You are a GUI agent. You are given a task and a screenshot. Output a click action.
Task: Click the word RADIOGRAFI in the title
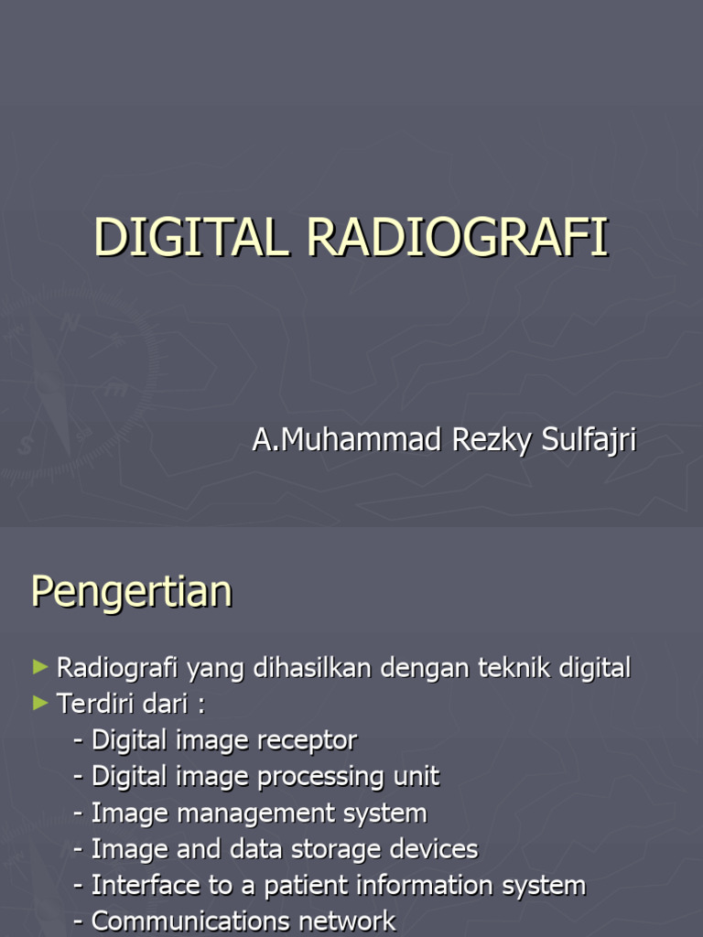pyautogui.click(x=458, y=238)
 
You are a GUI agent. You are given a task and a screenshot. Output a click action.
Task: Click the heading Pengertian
pyautogui.click(x=132, y=591)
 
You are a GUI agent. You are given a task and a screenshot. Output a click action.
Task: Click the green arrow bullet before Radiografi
pyautogui.click(x=39, y=667)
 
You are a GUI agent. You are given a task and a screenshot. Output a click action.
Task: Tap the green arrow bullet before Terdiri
pyautogui.click(x=39, y=703)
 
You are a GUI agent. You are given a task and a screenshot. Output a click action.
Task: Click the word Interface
pyautogui.click(x=136, y=886)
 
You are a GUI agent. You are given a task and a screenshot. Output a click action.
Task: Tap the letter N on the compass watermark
pyautogui.click(x=69, y=322)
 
